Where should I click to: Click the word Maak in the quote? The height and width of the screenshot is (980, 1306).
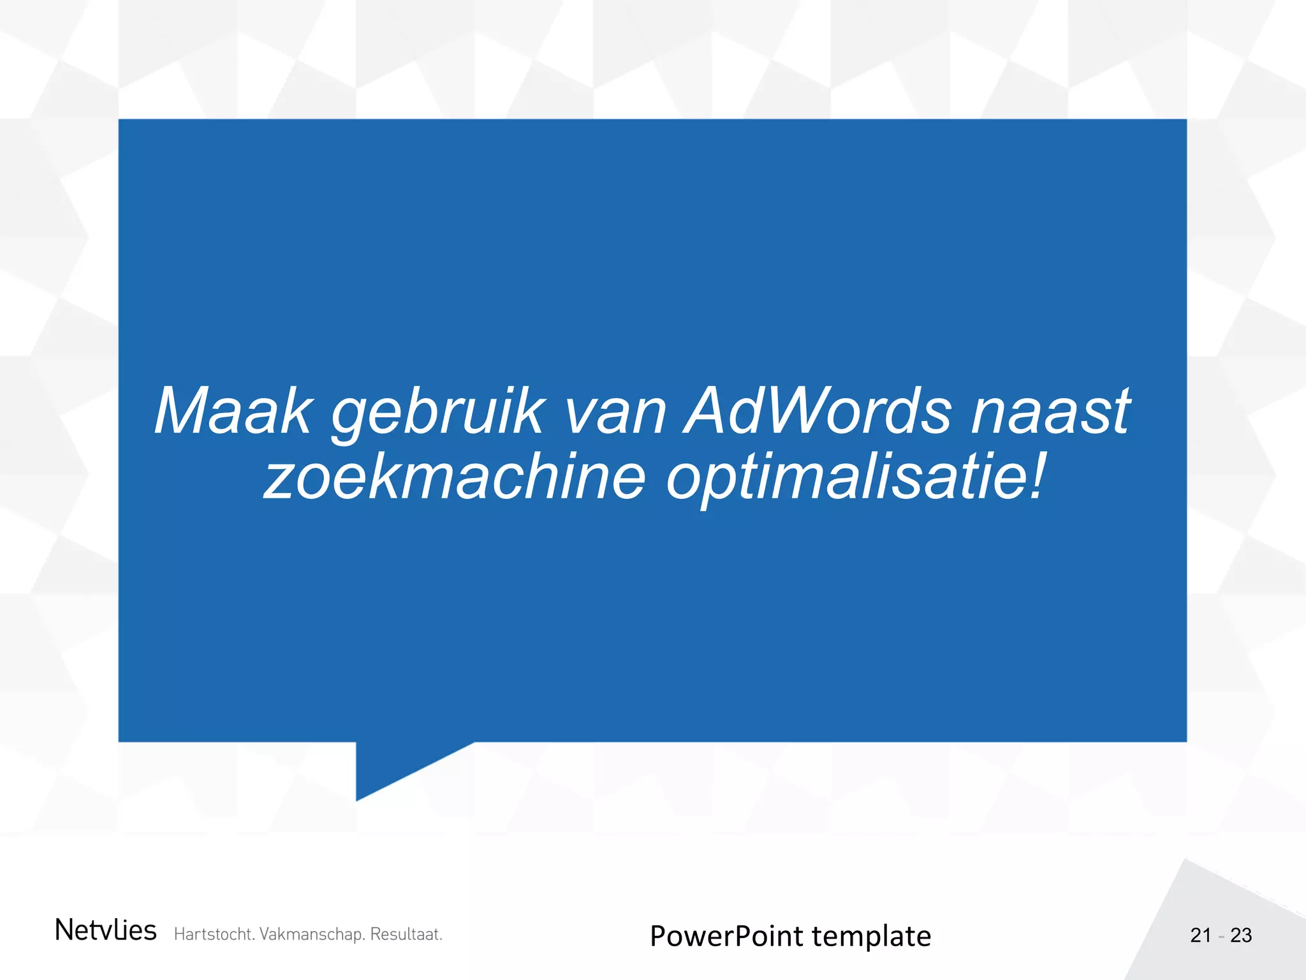pos(233,412)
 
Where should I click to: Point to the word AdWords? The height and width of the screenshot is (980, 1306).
pos(818,412)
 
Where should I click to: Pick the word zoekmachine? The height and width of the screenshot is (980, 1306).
pos(455,477)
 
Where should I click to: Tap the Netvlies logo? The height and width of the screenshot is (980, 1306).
pos(105,930)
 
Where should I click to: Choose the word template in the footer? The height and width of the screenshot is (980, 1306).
pos(871,937)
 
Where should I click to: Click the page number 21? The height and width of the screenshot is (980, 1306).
pos(1201,935)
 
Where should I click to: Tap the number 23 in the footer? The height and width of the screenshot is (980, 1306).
pos(1241,935)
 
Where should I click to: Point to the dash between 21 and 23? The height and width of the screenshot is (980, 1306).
pos(1221,937)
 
